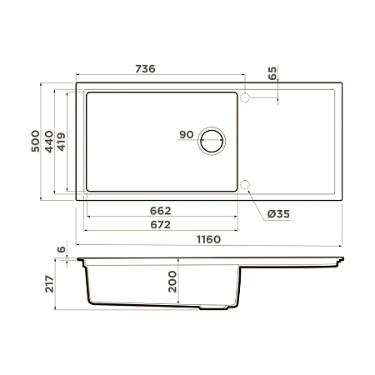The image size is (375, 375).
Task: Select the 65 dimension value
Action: click(x=272, y=72)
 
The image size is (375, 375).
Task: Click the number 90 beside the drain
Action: click(x=185, y=136)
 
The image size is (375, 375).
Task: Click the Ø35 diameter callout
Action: click(x=277, y=214)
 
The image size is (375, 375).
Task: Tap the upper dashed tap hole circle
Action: click(x=245, y=97)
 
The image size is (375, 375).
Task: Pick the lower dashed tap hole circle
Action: click(x=245, y=185)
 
